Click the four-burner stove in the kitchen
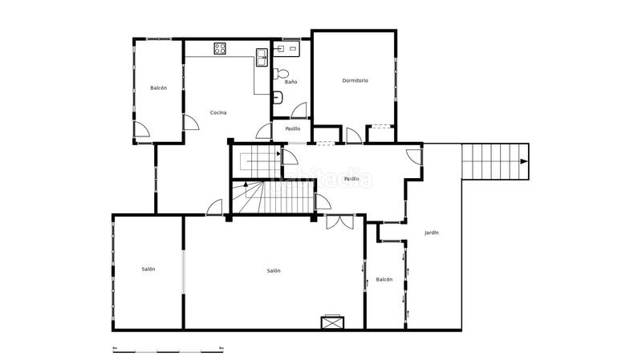tap(221, 48)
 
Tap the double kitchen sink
tap(262, 56)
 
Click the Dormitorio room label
tap(355, 80)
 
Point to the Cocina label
tap(218, 112)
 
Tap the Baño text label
tap(291, 82)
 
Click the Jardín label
tap(432, 233)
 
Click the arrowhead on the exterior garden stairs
tap(524, 161)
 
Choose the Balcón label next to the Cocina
tap(158, 87)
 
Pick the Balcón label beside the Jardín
tap(384, 279)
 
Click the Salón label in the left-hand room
tap(148, 269)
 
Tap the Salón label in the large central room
tap(274, 270)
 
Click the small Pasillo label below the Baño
tap(292, 128)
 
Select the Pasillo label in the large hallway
tap(351, 179)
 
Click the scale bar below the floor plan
tap(168, 350)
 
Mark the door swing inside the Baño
tap(299, 112)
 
